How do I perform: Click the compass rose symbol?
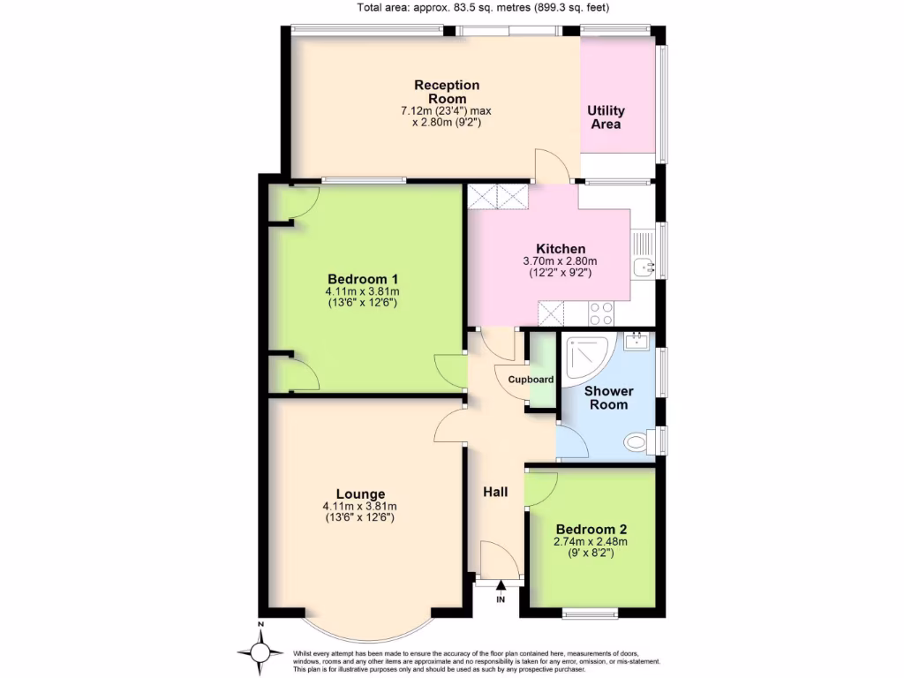[260, 652]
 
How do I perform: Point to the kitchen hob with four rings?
[601, 313]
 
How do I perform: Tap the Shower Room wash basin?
[636, 341]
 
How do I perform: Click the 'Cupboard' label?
[531, 380]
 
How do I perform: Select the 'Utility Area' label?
[606, 117]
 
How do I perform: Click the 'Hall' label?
[494, 492]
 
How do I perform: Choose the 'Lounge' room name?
[360, 493]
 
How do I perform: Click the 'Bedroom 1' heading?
[362, 278]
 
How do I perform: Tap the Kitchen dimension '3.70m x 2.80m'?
[561, 261]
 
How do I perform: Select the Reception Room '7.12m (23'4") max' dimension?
[446, 111]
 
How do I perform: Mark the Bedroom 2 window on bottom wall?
[590, 611]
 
